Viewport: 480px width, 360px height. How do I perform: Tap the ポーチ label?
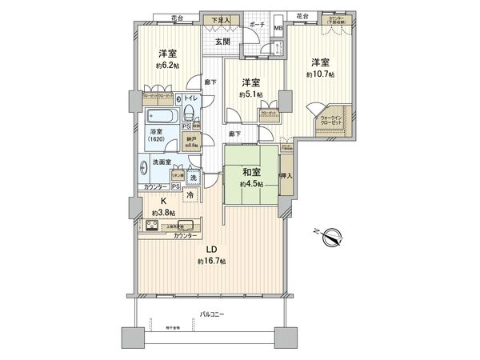click(257, 25)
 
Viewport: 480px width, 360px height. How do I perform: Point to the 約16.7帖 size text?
click(210, 262)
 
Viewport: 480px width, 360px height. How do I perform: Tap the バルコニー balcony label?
click(211, 316)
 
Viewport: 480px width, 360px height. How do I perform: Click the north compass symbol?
click(334, 236)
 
